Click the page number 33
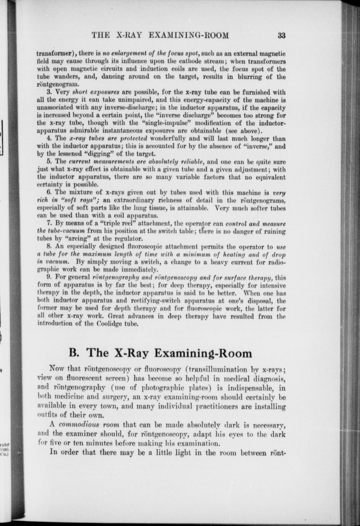[x=281, y=35]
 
